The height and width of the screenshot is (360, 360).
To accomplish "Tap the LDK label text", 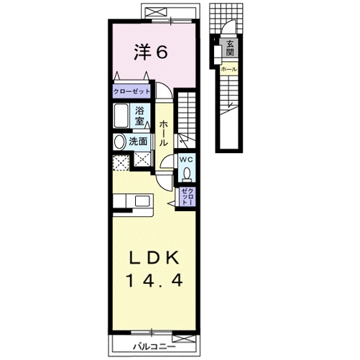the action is pos(154,258).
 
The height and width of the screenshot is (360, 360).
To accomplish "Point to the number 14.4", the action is pos(154,280).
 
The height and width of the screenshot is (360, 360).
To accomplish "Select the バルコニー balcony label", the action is pos(154,346).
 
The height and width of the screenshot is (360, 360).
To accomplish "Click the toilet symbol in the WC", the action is pos(187,173).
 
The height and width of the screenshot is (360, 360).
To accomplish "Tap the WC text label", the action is pos(186,160).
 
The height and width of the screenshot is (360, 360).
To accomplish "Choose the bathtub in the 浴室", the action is pos(121,116).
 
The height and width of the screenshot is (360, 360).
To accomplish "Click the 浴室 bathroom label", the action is pos(139,116).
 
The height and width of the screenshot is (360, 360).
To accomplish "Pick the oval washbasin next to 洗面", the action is pos(119,142).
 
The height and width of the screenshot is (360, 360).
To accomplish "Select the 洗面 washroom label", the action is pos(138,142).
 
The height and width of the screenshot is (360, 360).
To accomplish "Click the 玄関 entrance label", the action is pos(230,48).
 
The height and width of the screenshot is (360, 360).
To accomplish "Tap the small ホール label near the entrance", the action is pos(229,69).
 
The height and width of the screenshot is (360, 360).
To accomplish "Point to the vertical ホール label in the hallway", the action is pos(164,134).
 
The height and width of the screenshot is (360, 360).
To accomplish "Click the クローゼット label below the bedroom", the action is pos(131,91).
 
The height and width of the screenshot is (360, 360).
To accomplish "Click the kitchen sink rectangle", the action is pos(142,201).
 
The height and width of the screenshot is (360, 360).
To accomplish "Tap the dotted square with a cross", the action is pos(121,163).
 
